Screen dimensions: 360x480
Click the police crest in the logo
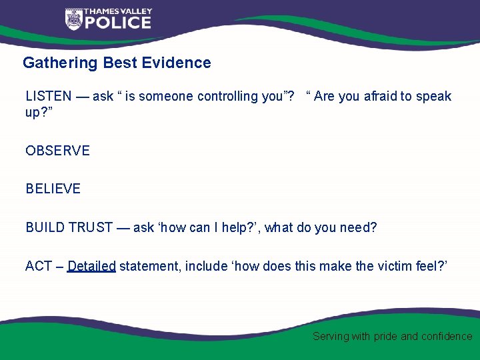pos(73,19)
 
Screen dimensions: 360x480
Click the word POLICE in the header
pos(117,23)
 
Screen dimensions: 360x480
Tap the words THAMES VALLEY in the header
pos(117,11)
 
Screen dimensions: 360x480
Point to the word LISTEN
pos(48,97)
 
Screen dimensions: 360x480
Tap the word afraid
pos(379,97)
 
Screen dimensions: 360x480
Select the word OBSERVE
pos(57,151)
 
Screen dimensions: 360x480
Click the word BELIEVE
pos(53,189)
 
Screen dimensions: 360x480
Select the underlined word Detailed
pos(92,267)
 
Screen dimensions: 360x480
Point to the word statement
pos(150,267)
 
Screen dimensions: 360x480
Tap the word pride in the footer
pos(385,337)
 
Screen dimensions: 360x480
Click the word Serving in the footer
pos(331,337)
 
